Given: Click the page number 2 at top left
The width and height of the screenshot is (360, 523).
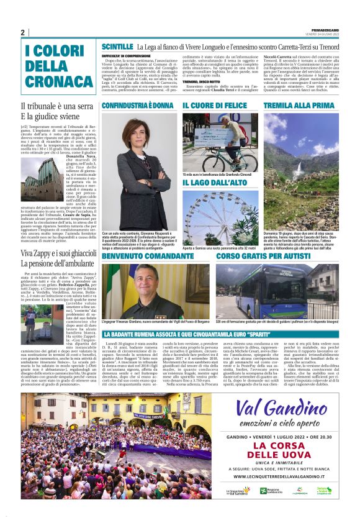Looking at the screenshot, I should click(x=22, y=32).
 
